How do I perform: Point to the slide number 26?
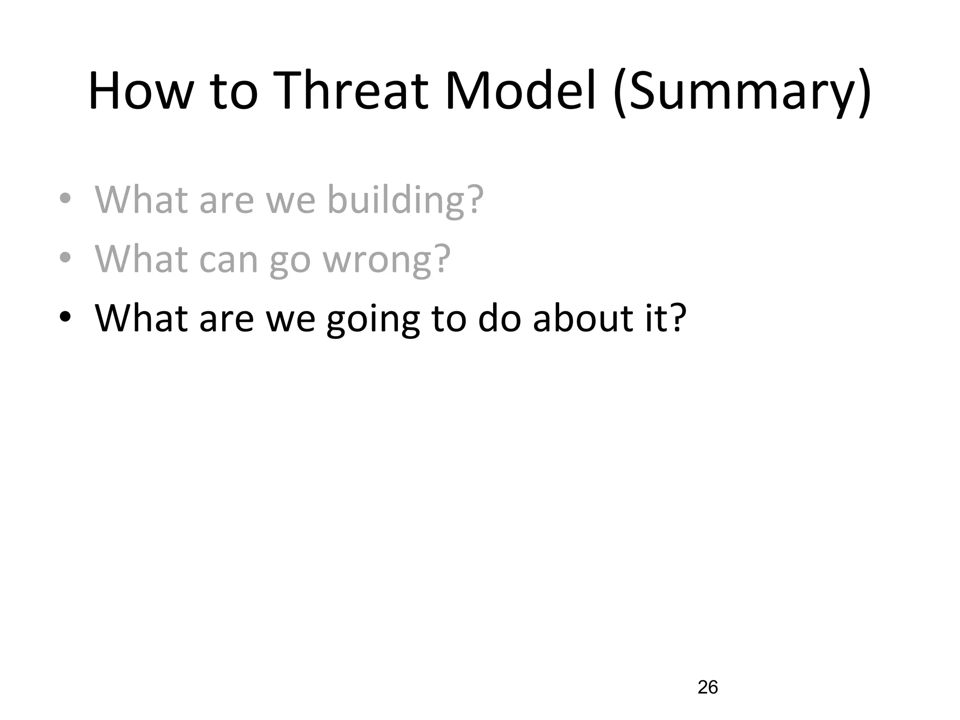(x=708, y=687)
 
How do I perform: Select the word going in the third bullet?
(x=373, y=320)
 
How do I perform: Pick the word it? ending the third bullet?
(x=666, y=318)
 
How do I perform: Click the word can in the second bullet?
(x=229, y=260)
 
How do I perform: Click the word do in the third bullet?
(x=499, y=318)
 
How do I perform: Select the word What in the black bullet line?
(x=141, y=318)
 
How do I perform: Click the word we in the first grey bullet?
(x=290, y=201)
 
